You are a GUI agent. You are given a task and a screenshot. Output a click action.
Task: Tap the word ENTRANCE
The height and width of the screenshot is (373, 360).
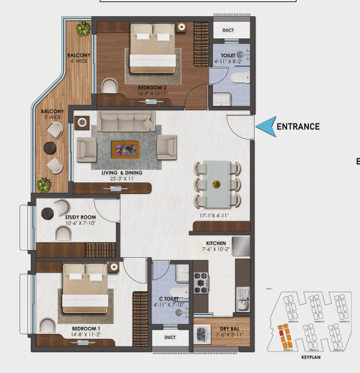tap(298, 126)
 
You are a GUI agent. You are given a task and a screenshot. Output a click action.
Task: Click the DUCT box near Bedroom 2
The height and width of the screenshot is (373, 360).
tap(228, 31)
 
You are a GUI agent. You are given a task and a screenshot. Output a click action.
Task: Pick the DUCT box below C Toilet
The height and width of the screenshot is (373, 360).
tap(170, 337)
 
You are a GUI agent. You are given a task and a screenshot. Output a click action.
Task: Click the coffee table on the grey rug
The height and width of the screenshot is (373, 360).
tap(126, 148)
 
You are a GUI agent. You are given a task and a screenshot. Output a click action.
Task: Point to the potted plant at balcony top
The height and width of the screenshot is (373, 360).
tap(84, 29)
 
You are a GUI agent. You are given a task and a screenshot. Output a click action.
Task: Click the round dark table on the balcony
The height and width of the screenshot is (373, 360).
tap(50, 147)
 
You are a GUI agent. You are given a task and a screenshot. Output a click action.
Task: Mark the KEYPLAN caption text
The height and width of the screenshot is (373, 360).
tap(311, 356)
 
